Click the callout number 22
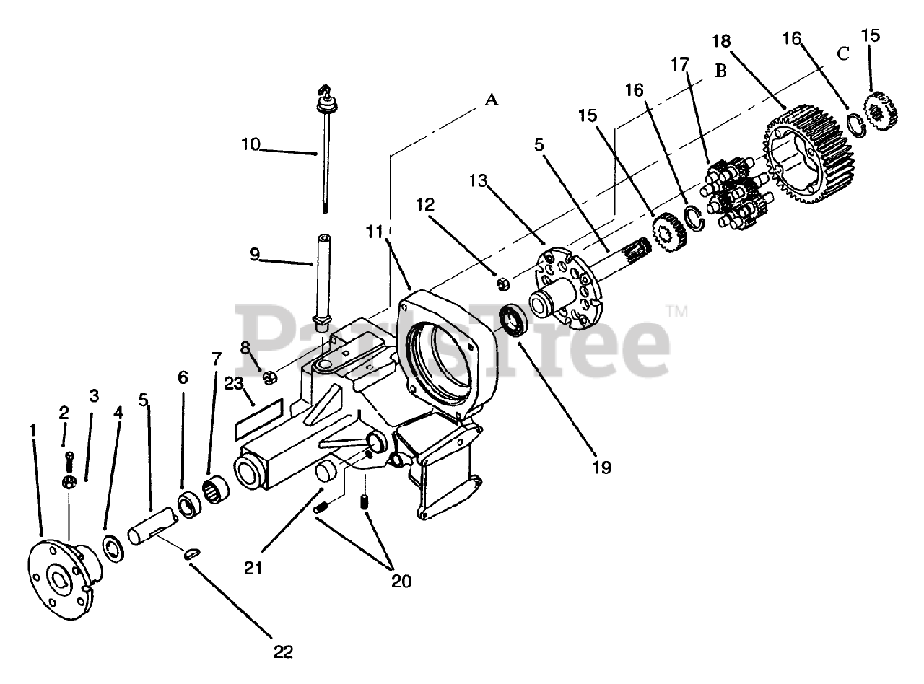point(284,652)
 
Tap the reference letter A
point(492,100)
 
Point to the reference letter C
point(842,53)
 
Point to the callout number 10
point(250,144)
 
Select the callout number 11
point(373,232)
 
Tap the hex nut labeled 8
point(269,376)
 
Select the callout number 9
point(255,255)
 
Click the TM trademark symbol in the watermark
point(677,312)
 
